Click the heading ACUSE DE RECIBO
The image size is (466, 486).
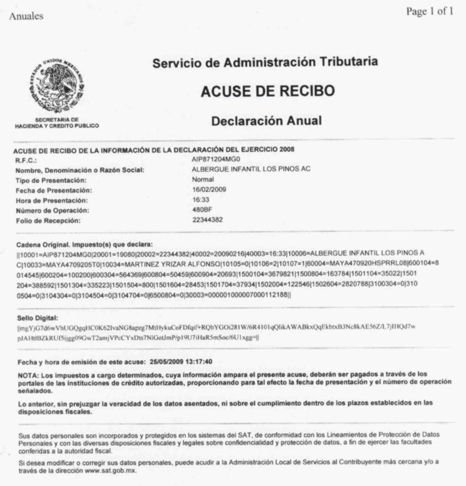pos(267,91)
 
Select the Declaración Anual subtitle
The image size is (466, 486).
pos(266,121)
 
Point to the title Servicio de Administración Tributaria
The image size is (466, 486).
pos(265,63)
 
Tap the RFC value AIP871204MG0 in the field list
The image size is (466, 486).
pos(216,160)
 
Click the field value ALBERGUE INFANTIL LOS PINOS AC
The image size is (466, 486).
pos(251,170)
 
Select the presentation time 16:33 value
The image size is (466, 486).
pos(200,199)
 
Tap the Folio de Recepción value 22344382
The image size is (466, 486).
pos(207,219)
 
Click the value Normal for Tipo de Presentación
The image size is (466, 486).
pos(203,180)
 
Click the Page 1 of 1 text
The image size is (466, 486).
pos(429,11)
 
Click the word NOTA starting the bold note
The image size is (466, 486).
pos(27,374)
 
